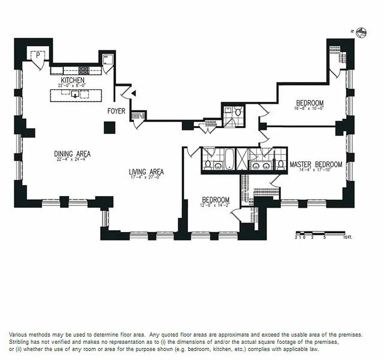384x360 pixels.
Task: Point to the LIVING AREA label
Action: (146, 171)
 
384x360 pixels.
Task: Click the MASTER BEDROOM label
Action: (316, 164)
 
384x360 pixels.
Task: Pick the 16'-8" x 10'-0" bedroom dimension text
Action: (309, 108)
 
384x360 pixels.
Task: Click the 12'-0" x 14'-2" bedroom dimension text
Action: (215, 205)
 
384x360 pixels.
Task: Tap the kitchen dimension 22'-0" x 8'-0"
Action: (71, 85)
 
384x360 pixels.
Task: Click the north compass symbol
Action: (361, 32)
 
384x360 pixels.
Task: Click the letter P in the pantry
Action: (38, 55)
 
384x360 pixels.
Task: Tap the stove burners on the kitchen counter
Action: (84, 70)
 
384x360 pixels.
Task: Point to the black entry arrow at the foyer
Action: (133, 93)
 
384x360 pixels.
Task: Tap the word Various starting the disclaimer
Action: (19, 335)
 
